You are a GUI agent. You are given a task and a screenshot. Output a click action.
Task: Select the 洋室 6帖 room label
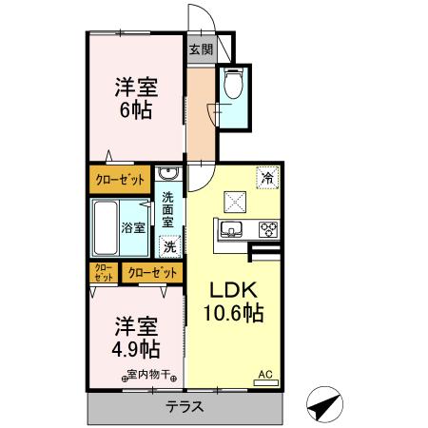tap(134, 96)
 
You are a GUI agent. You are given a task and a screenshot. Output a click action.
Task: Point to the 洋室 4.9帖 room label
tap(134, 334)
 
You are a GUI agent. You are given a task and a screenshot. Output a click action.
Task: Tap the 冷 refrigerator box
tap(267, 178)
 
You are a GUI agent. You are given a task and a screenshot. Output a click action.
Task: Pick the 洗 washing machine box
tap(169, 246)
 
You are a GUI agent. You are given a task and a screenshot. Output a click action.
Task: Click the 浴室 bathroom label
tap(134, 227)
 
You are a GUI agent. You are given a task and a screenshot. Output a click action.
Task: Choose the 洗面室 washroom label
tap(168, 208)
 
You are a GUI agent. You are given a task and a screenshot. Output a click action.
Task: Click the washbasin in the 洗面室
tap(167, 174)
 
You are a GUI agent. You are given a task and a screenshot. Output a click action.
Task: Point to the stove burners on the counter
tap(267, 228)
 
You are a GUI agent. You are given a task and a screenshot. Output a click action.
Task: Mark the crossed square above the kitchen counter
tap(234, 201)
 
